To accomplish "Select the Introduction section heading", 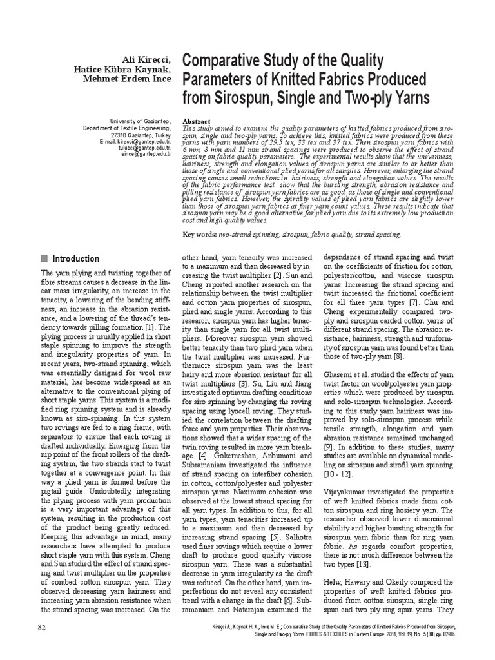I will click(75, 258).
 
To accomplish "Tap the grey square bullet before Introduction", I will click(45, 258).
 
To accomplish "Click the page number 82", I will click(42, 626).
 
